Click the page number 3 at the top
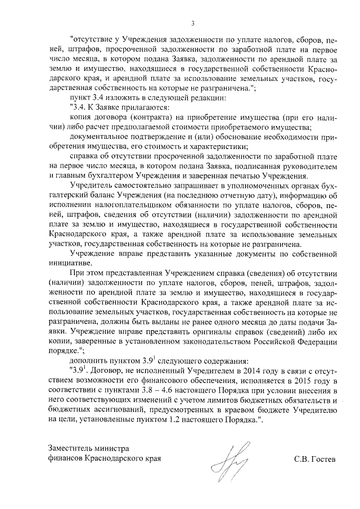(192, 23)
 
